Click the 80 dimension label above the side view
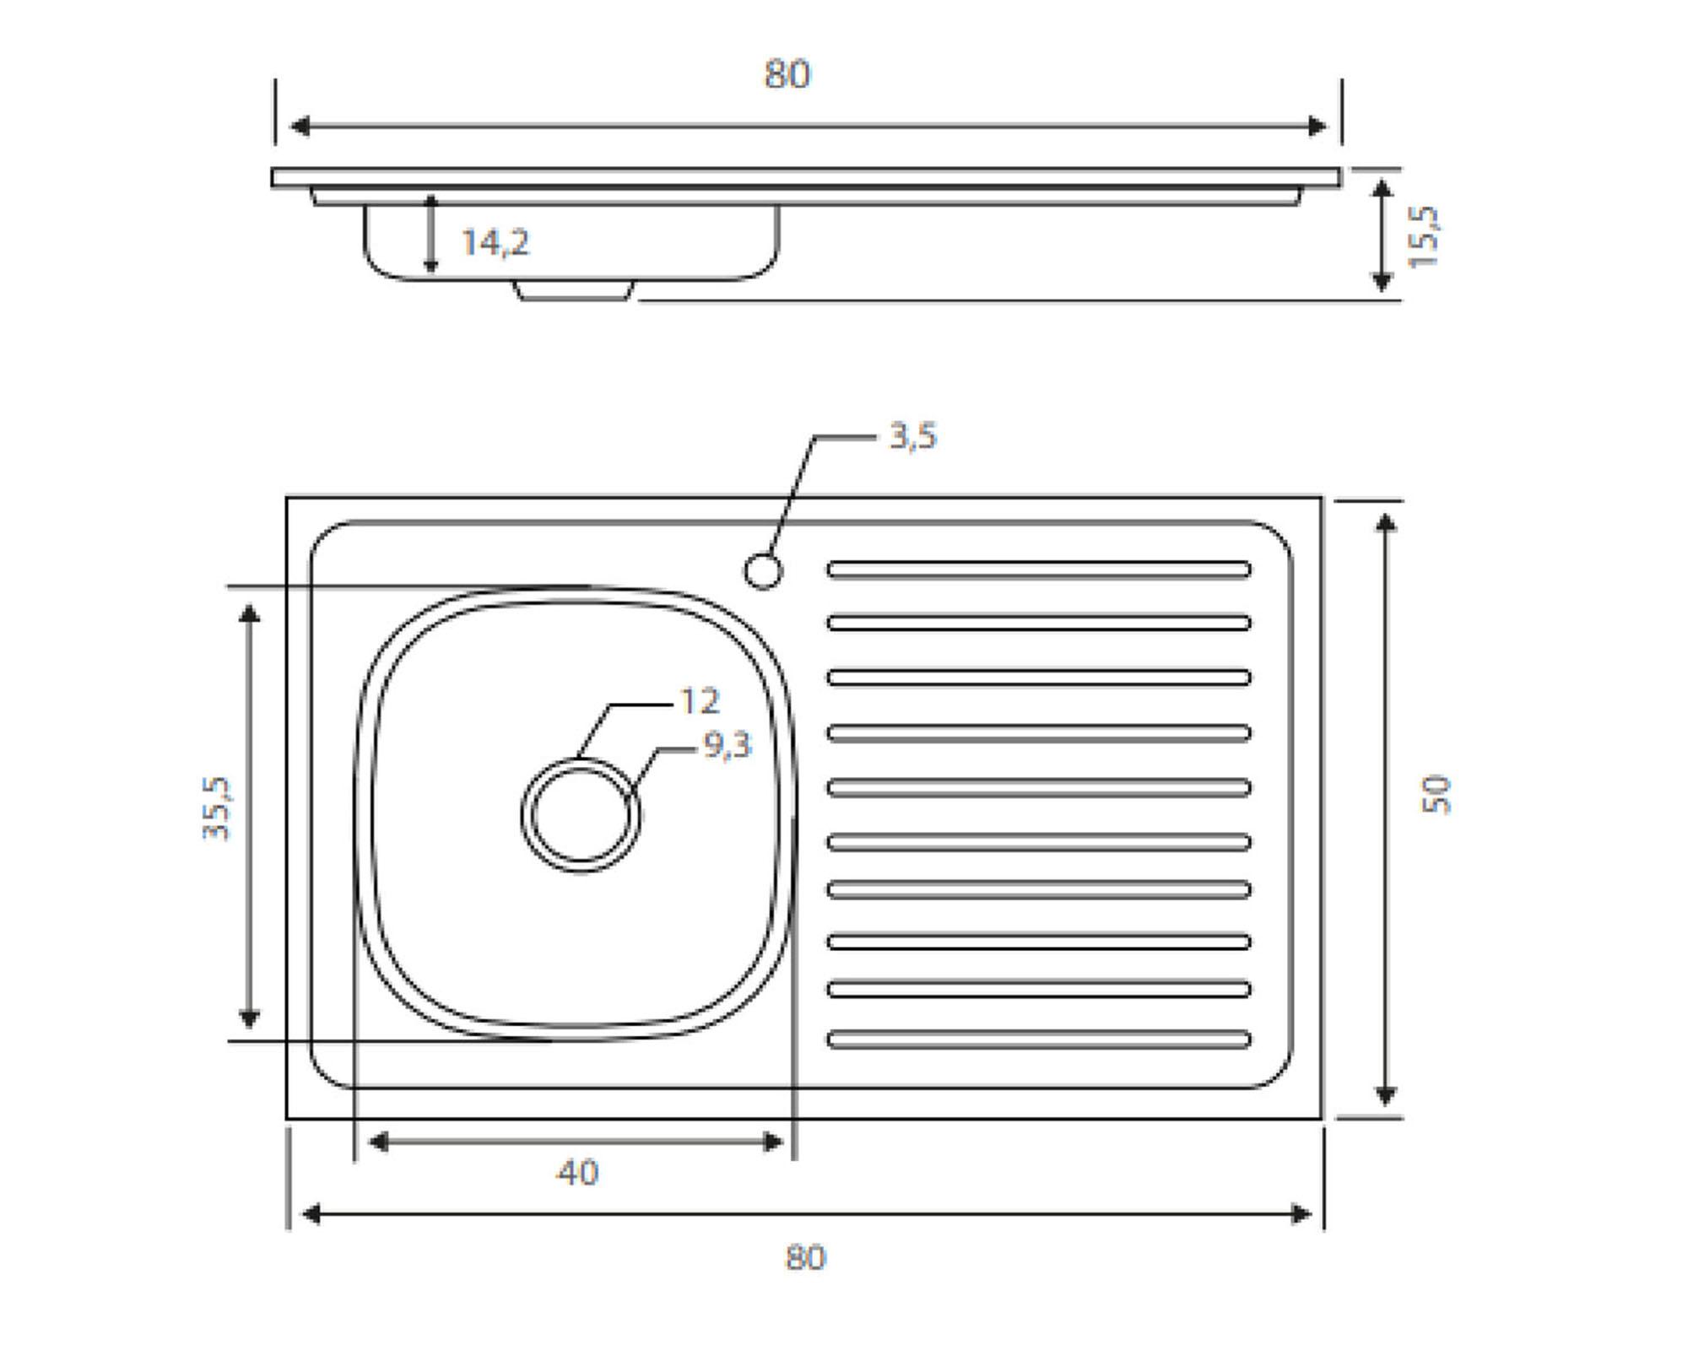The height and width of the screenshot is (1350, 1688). (x=787, y=74)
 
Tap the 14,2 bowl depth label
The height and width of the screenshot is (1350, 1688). (x=495, y=243)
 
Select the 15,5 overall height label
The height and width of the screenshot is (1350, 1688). (x=1424, y=236)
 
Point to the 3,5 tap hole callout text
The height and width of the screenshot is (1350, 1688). (x=913, y=436)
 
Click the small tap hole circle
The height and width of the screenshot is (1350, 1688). (x=763, y=571)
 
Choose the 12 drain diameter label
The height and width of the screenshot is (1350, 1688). (x=699, y=701)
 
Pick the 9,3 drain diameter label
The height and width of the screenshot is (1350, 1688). (x=728, y=745)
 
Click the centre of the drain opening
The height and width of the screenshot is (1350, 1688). (x=581, y=815)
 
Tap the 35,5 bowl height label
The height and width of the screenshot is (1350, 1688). (x=216, y=808)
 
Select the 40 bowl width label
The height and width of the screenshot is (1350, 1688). (x=578, y=1173)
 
